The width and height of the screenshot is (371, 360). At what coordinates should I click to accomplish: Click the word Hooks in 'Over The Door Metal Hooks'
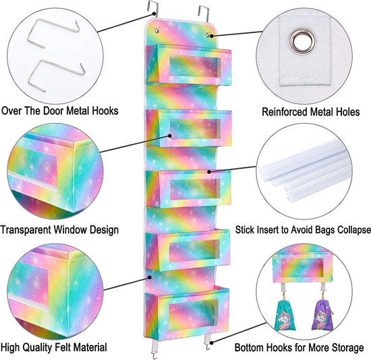tap(105, 111)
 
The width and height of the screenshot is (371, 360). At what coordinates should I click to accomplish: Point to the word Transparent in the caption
tap(26, 230)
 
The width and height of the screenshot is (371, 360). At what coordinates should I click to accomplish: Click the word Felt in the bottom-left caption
tap(64, 347)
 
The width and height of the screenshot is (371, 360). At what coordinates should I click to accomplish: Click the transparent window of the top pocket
tap(195, 66)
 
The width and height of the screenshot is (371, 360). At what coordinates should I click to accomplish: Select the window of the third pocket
tap(195, 189)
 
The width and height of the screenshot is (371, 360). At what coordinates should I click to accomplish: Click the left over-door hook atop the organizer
tap(152, 9)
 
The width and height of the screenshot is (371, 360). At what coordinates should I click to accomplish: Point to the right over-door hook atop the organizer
tap(204, 13)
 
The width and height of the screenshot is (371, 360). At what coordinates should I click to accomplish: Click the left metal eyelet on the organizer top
tap(156, 30)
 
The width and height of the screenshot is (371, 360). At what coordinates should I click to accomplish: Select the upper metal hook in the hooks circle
tap(53, 33)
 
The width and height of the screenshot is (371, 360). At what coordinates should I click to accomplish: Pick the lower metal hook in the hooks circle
tap(56, 76)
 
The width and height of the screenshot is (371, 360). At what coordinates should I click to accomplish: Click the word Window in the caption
tap(69, 230)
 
